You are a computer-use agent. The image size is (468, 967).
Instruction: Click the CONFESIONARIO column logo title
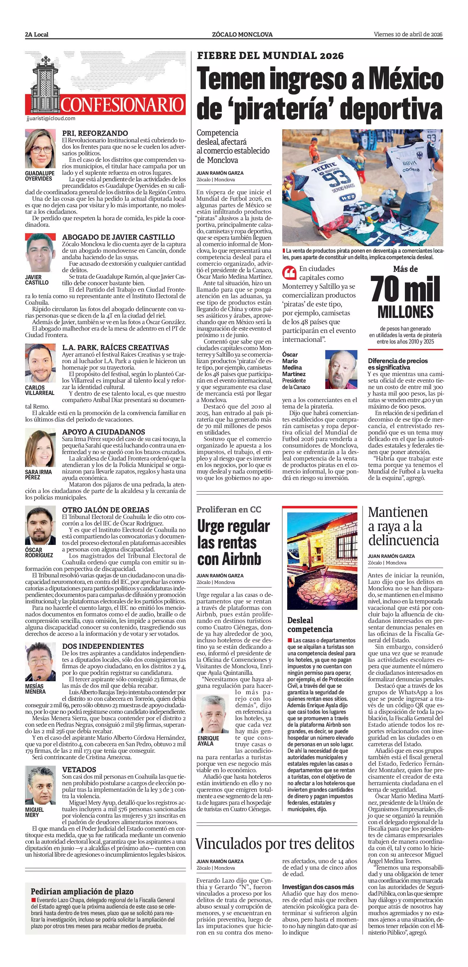pyautogui.click(x=122, y=105)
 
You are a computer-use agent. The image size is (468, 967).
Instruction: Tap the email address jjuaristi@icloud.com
pyautogui.click(x=51, y=118)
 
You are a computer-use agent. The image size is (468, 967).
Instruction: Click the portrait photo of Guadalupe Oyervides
pyautogui.click(x=40, y=149)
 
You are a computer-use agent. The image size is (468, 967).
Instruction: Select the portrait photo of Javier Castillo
pyautogui.click(x=40, y=253)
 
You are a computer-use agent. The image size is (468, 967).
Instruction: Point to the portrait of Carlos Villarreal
pyautogui.click(x=40, y=363)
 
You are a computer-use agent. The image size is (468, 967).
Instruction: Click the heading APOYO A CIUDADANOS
pyautogui.click(x=104, y=432)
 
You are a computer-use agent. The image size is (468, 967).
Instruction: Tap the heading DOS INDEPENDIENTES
pyautogui.click(x=103, y=646)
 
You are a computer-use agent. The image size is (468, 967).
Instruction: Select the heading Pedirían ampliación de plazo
pyautogui.click(x=82, y=891)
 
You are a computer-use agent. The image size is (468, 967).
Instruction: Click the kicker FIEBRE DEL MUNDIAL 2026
pyautogui.click(x=270, y=56)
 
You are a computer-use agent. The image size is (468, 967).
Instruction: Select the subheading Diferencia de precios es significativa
pyautogui.click(x=398, y=364)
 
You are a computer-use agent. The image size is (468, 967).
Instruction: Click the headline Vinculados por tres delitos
pyautogui.click(x=275, y=844)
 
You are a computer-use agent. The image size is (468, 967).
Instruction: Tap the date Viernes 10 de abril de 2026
pyautogui.click(x=408, y=35)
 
